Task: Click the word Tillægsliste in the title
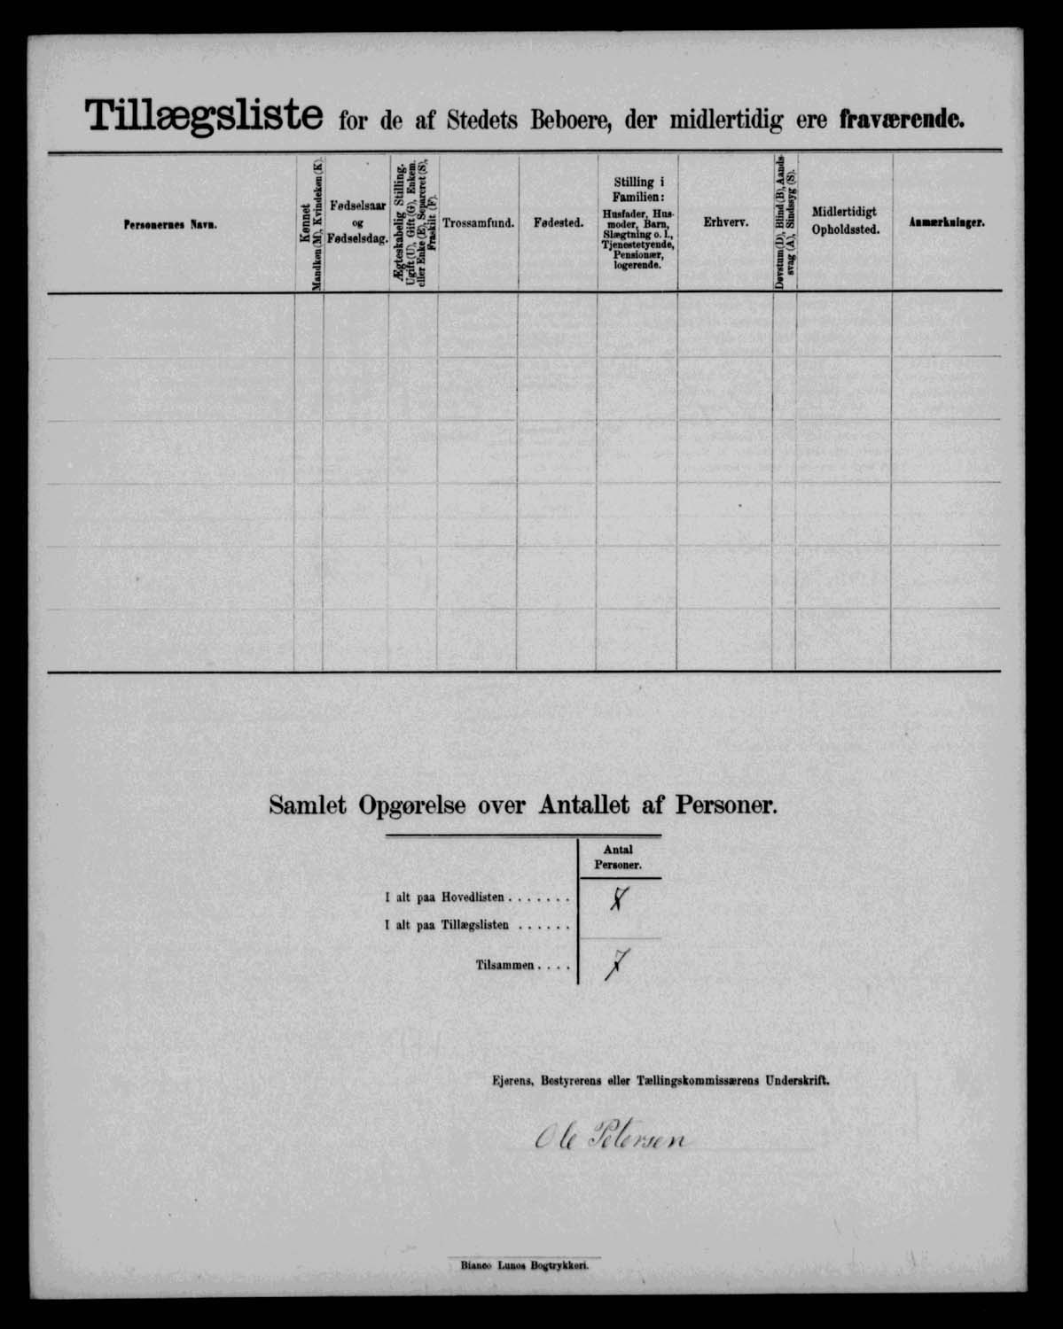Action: pos(203,117)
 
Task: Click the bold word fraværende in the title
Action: pos(902,120)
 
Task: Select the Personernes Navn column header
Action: pos(170,225)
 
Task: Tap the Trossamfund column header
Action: pos(477,224)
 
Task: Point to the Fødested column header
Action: pos(558,224)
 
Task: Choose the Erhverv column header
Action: pos(725,224)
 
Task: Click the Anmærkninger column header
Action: pos(946,224)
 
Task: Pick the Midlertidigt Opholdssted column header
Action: pos(844,221)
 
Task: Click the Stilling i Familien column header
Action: pos(637,222)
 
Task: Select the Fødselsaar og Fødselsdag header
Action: pos(356,222)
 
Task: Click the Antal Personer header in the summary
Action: pos(619,857)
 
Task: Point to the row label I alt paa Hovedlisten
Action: pos(477,898)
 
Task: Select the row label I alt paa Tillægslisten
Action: pos(477,925)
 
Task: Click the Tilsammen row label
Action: pos(522,965)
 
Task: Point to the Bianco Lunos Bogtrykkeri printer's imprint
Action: pos(525,1266)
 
